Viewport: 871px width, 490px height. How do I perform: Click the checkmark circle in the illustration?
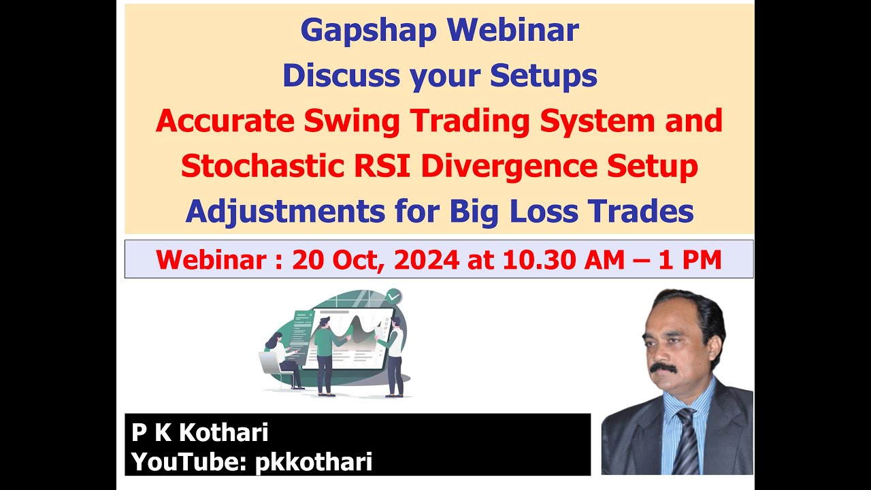(393, 296)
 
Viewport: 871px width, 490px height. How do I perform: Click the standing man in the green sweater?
(325, 354)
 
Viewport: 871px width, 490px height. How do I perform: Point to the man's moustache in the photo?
(662, 368)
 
